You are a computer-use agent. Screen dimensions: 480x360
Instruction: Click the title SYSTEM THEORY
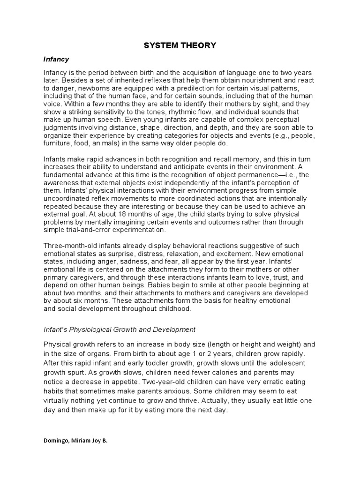(180, 45)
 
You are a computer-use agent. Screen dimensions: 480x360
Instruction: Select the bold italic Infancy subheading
(56, 60)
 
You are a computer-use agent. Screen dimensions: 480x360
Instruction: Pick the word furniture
(58, 143)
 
